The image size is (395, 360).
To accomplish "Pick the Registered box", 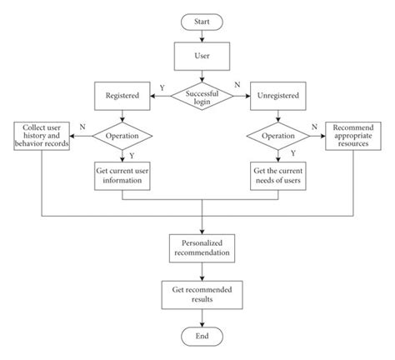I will tap(122, 97).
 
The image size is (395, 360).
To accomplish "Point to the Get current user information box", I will tap(122, 176).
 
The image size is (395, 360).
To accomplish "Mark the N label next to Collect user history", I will tap(80, 125).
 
